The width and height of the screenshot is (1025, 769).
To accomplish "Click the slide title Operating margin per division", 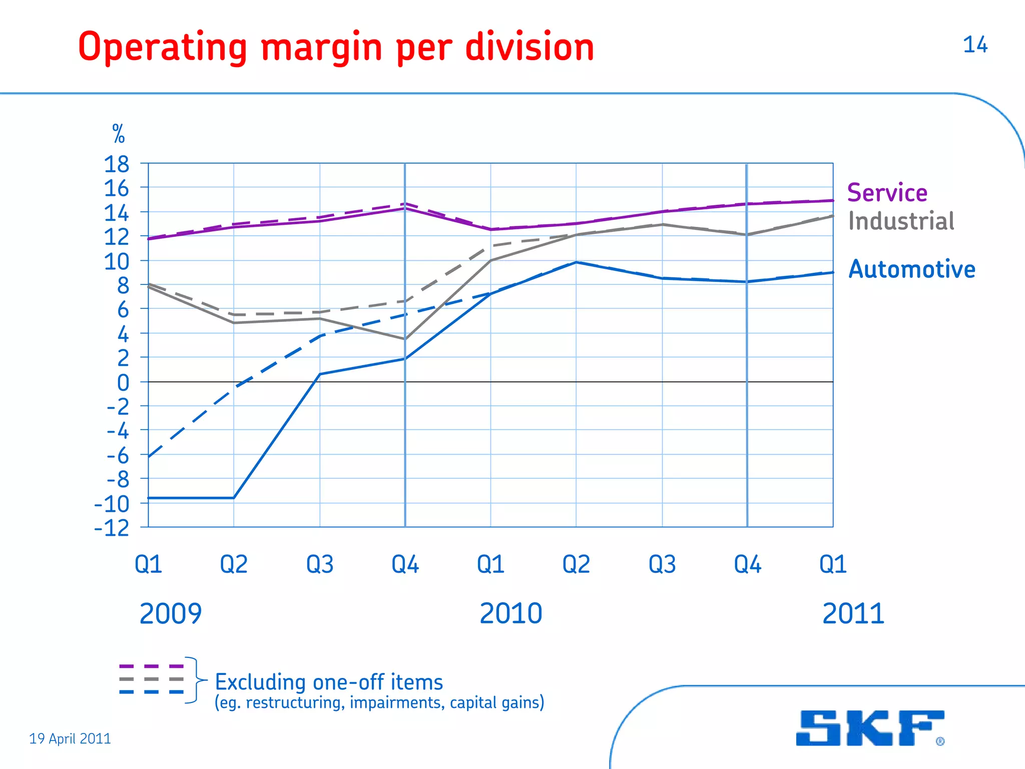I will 336,47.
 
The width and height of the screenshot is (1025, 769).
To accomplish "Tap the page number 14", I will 975,45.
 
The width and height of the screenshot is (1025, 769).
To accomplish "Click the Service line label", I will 887,193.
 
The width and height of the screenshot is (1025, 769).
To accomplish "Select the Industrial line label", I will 901,221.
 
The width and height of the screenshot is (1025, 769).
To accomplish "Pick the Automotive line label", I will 912,269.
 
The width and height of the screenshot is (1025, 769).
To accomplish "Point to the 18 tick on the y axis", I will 116,164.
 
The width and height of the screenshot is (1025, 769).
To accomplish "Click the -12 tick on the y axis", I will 112,528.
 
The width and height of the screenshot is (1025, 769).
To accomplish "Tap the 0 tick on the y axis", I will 123,383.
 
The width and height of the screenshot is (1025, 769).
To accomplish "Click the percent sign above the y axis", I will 119,134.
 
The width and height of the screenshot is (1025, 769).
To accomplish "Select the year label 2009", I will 170,613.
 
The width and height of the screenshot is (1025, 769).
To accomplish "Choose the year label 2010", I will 510,613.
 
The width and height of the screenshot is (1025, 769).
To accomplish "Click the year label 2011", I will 853,613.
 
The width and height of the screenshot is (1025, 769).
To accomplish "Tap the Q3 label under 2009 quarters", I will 320,564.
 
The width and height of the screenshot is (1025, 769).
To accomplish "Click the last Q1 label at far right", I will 833,564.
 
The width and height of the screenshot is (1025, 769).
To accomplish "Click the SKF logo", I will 870,728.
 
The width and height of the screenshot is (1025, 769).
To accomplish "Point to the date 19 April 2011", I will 70,738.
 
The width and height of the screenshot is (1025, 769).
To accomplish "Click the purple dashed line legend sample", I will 152,666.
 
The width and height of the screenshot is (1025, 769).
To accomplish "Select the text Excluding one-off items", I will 329,682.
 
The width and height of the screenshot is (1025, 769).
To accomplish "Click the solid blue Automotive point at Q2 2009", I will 234,498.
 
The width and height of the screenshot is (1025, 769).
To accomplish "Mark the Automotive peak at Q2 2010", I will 577,262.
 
